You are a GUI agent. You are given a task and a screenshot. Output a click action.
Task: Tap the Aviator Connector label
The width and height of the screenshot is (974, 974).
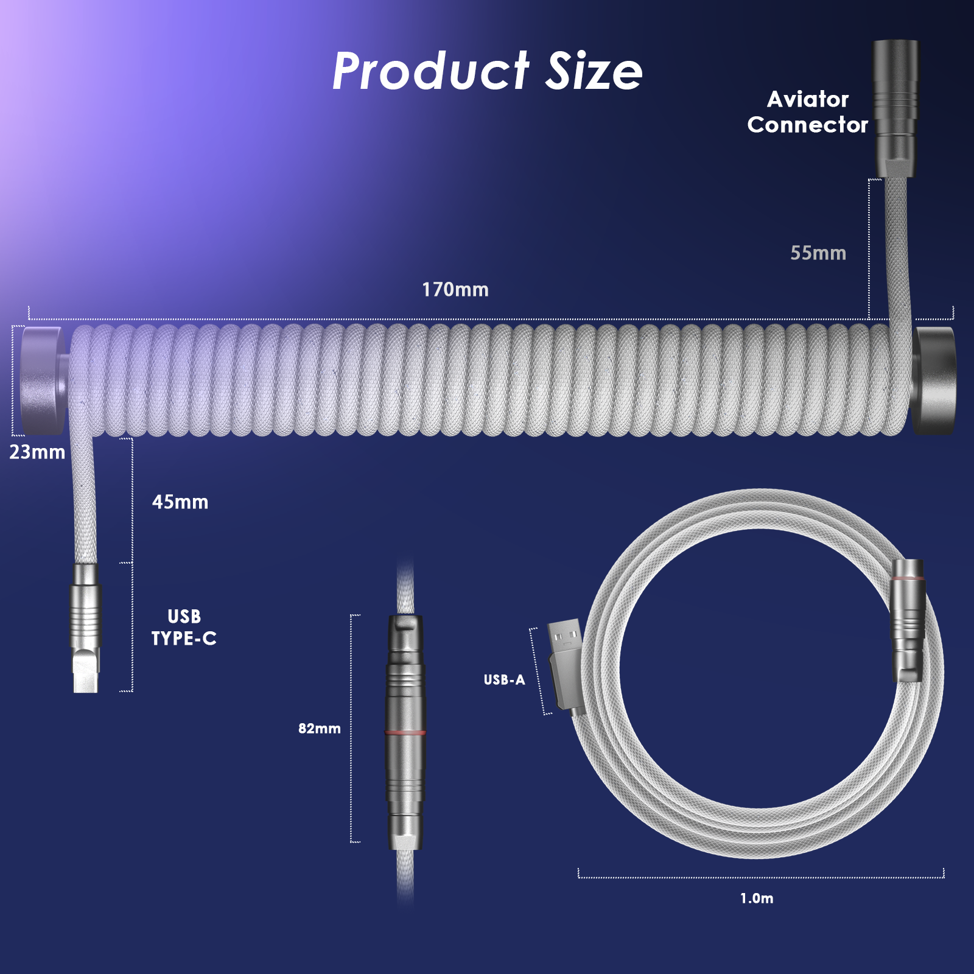pyautogui.click(x=807, y=112)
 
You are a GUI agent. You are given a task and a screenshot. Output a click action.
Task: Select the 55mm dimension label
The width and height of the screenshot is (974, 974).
pyautogui.click(x=818, y=253)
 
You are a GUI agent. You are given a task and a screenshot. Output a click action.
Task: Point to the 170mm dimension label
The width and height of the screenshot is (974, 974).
pyautogui.click(x=455, y=290)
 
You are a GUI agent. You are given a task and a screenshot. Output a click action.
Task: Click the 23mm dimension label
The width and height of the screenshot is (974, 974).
pyautogui.click(x=37, y=452)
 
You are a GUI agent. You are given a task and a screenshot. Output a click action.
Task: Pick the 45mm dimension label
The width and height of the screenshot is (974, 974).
pyautogui.click(x=180, y=502)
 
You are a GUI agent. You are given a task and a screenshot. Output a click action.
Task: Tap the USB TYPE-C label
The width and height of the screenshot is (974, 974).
pyautogui.click(x=184, y=628)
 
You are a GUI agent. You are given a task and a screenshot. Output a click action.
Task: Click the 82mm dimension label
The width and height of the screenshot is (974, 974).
pyautogui.click(x=319, y=729)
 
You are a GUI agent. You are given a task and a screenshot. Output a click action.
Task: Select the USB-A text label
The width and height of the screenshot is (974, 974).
pyautogui.click(x=504, y=680)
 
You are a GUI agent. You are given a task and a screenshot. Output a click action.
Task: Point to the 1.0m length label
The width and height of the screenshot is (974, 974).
pyautogui.click(x=757, y=899)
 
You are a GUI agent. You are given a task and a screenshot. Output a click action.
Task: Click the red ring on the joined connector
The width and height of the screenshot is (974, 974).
pyautogui.click(x=405, y=732)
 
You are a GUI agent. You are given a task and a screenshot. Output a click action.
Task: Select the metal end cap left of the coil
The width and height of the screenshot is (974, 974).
pyautogui.click(x=43, y=380)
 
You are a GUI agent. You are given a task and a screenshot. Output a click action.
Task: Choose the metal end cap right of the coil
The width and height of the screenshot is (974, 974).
pyautogui.click(x=934, y=380)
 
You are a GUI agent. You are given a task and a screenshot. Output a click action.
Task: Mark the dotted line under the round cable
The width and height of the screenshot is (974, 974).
pyautogui.click(x=761, y=877)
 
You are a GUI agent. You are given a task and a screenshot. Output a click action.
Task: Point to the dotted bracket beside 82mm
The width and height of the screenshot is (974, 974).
pyautogui.click(x=352, y=729)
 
